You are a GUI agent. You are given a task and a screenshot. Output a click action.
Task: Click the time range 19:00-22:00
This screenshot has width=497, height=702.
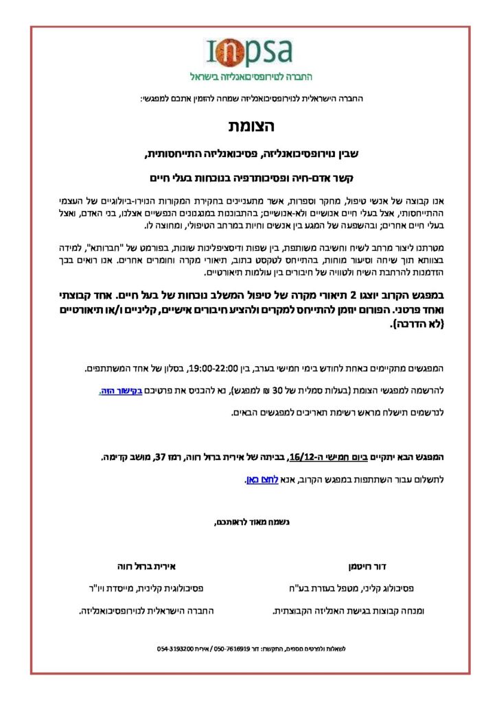coord(211,370)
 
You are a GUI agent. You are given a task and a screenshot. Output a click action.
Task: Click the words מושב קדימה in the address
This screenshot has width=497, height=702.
coord(125,457)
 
